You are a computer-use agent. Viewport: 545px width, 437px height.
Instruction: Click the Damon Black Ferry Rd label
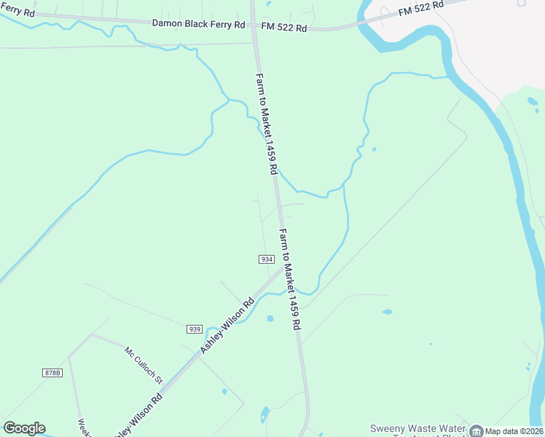click(198, 24)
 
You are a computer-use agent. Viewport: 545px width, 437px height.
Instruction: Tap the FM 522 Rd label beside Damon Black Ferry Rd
click(283, 28)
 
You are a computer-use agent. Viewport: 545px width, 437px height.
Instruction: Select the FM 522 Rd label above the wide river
click(421, 9)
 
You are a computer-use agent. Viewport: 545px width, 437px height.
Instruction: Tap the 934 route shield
click(266, 259)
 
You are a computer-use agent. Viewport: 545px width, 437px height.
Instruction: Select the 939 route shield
click(194, 329)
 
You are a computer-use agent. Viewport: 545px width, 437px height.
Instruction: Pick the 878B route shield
click(52, 372)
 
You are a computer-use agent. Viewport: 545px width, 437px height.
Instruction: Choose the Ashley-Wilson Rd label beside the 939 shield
click(227, 326)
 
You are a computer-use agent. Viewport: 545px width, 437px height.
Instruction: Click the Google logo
click(24, 428)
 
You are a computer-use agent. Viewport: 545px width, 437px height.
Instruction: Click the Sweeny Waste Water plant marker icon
click(476, 430)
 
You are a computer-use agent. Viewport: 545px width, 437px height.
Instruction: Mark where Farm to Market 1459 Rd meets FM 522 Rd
click(255, 29)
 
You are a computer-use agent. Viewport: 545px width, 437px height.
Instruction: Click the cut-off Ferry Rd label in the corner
click(16, 12)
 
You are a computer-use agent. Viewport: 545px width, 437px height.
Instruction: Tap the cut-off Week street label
click(83, 428)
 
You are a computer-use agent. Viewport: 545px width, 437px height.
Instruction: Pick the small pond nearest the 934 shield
click(270, 318)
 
